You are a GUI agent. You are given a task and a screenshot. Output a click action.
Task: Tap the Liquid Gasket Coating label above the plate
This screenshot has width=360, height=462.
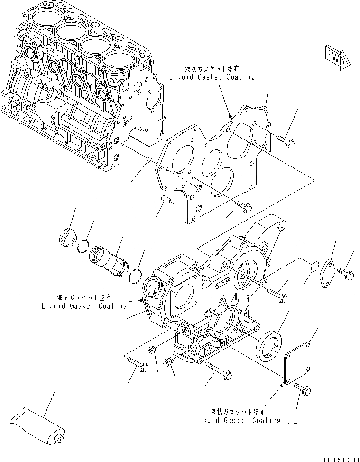click(x=212, y=74)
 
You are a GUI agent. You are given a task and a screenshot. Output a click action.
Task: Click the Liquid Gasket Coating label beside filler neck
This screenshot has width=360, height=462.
click(x=83, y=302)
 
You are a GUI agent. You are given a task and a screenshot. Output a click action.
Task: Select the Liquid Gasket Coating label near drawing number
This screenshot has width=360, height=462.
click(x=237, y=416)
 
